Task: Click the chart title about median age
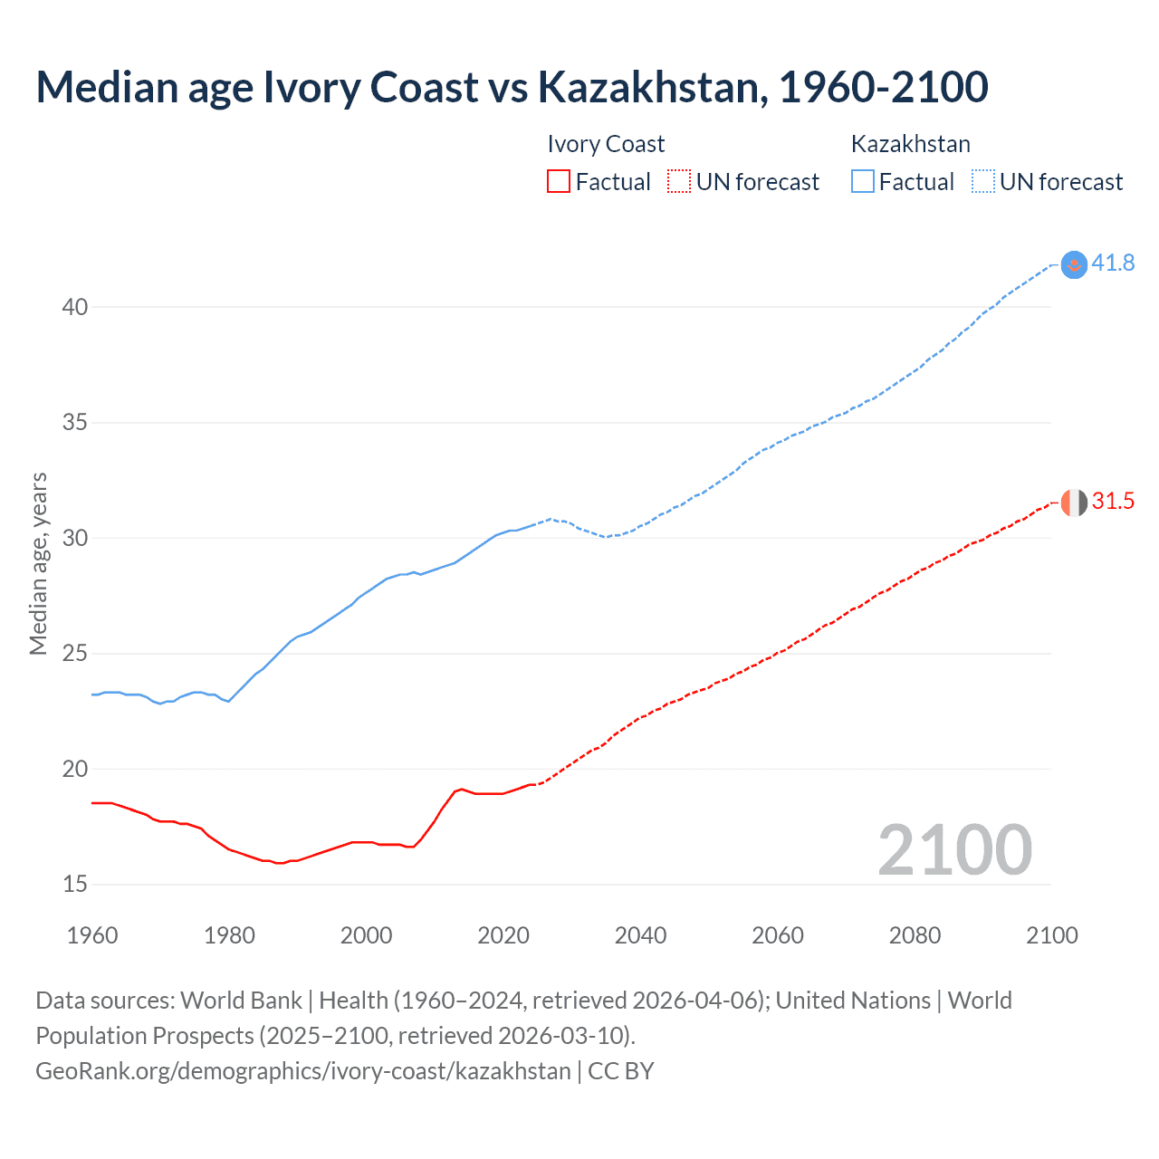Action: pyautogui.click(x=512, y=87)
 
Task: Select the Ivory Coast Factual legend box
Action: pyautogui.click(x=559, y=182)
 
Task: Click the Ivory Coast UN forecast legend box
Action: pyautogui.click(x=679, y=182)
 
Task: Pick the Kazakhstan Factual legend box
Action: pyautogui.click(x=862, y=182)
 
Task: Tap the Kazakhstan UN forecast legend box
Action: pyautogui.click(x=982, y=182)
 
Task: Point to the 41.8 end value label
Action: pyautogui.click(x=1113, y=263)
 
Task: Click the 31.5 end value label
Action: pyautogui.click(x=1113, y=502)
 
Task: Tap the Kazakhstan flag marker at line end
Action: pyautogui.click(x=1074, y=263)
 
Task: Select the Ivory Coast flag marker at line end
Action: pyautogui.click(x=1074, y=502)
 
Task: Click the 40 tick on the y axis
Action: pyautogui.click(x=75, y=307)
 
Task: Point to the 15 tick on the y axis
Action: pyautogui.click(x=75, y=885)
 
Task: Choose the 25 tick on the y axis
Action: pyautogui.click(x=75, y=654)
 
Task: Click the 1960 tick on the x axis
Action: pyautogui.click(x=92, y=935)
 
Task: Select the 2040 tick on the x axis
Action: pyautogui.click(x=640, y=935)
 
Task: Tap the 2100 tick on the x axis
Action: pyautogui.click(x=1051, y=935)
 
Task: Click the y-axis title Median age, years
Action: pyautogui.click(x=38, y=563)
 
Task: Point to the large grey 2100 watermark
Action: pyautogui.click(x=954, y=849)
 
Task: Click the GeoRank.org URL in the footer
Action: pyautogui.click(x=303, y=1071)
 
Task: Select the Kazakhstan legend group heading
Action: pyautogui.click(x=910, y=144)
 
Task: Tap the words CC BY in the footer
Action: pyautogui.click(x=621, y=1071)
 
